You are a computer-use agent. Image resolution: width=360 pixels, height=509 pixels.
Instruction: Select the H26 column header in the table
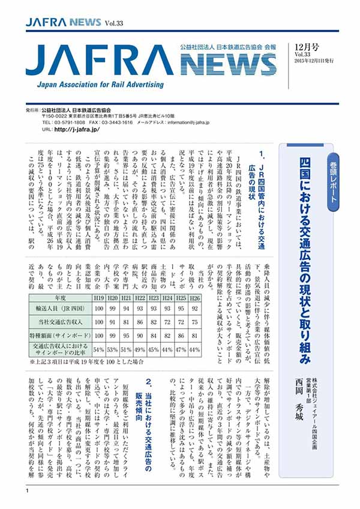pyautogui.click(x=194, y=297)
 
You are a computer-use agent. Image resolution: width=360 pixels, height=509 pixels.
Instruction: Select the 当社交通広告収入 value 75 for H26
pyautogui.click(x=194, y=322)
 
